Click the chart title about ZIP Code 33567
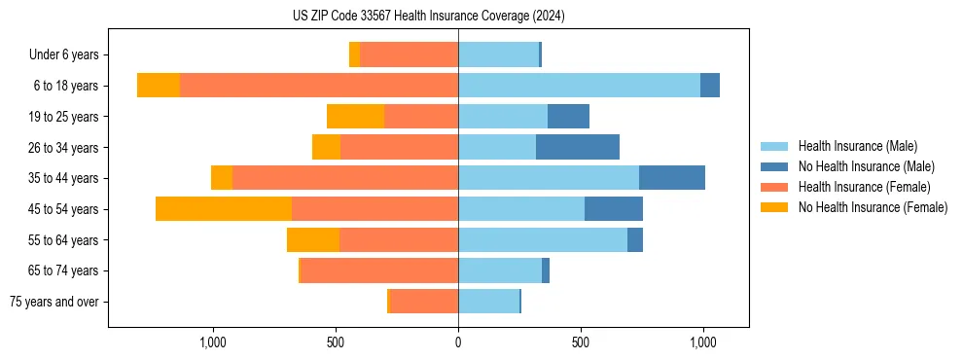(428, 17)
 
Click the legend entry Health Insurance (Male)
(857, 146)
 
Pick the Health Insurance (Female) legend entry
(864, 187)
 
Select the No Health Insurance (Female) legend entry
(873, 207)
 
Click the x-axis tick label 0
(458, 342)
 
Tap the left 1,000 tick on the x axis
(213, 342)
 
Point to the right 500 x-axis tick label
(581, 342)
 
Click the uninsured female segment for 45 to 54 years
(224, 209)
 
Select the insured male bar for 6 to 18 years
(579, 86)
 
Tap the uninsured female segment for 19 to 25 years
(355, 117)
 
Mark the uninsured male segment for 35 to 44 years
(672, 178)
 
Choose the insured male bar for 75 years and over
(488, 302)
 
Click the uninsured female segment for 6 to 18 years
(159, 86)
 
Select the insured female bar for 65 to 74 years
(379, 270)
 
